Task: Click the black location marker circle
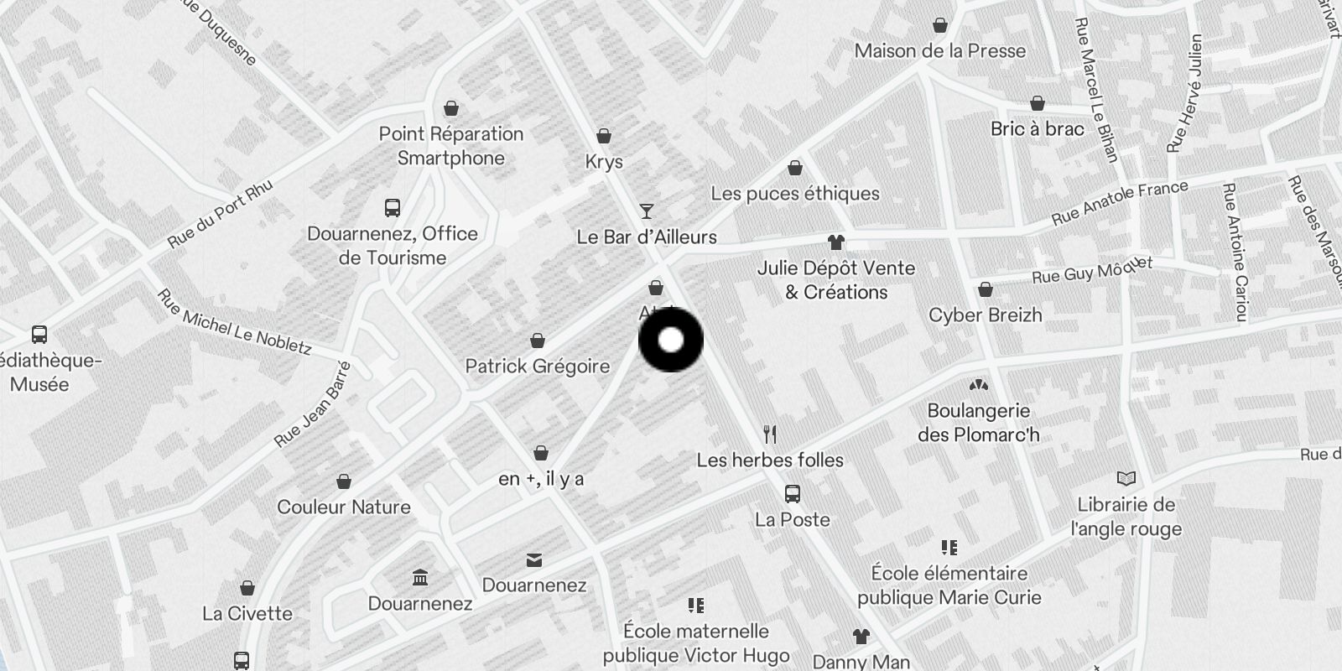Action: point(671,340)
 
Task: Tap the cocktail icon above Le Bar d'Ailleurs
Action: point(646,211)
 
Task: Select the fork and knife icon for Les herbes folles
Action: point(770,434)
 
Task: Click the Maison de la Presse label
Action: point(939,51)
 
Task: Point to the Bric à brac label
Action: point(1037,129)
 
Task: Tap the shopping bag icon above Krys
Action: point(603,136)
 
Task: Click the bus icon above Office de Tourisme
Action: point(392,208)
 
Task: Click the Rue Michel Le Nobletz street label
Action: point(234,322)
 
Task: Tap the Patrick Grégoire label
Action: point(537,367)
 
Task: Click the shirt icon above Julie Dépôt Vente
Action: point(835,242)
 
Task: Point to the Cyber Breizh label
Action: point(985,315)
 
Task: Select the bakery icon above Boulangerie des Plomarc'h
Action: point(978,385)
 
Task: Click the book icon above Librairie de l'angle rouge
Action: point(1126,479)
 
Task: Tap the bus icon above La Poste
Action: point(792,493)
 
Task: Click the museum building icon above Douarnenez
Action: point(420,578)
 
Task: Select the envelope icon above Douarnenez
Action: point(534,559)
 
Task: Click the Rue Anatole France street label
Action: point(1120,203)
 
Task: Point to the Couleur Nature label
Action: point(344,507)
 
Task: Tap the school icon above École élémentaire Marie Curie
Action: point(949,548)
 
